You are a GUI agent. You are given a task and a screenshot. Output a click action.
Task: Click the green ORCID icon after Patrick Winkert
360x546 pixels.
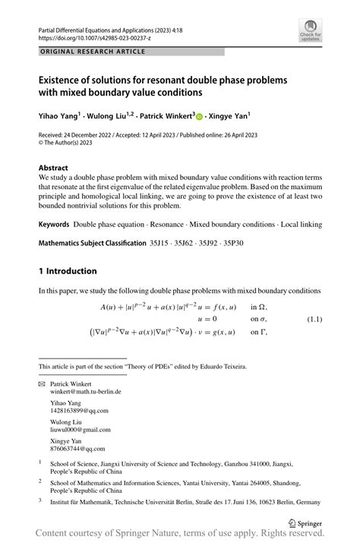(200, 117)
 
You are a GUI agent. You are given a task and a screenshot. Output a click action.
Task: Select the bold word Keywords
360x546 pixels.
(53, 225)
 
